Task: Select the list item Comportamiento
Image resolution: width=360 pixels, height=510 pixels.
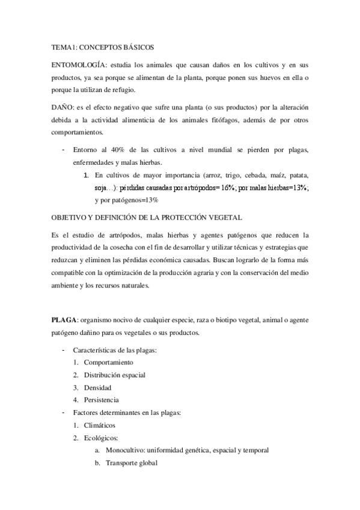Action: pyautogui.click(x=109, y=363)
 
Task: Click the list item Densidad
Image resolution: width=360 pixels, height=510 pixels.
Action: pyautogui.click(x=97, y=388)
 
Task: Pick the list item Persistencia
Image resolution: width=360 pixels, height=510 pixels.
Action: pyautogui.click(x=101, y=400)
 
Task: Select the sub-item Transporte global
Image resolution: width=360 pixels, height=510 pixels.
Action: pyautogui.click(x=132, y=462)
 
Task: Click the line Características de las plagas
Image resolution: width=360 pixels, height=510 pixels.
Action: pyautogui.click(x=115, y=350)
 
